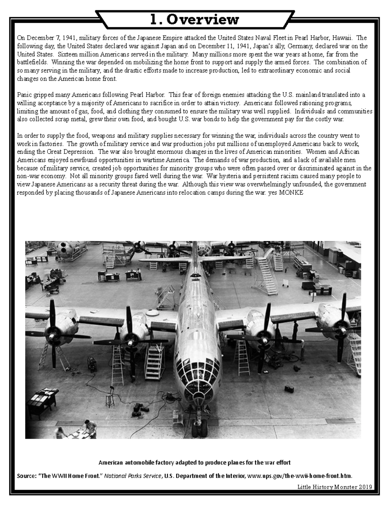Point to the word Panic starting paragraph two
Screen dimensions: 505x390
pyautogui.click(x=25, y=95)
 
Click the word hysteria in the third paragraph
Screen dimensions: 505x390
pyautogui.click(x=233, y=176)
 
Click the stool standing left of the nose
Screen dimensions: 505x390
pyautogui.click(x=110, y=395)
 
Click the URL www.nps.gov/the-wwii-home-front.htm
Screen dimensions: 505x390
pyautogui.click(x=300, y=476)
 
